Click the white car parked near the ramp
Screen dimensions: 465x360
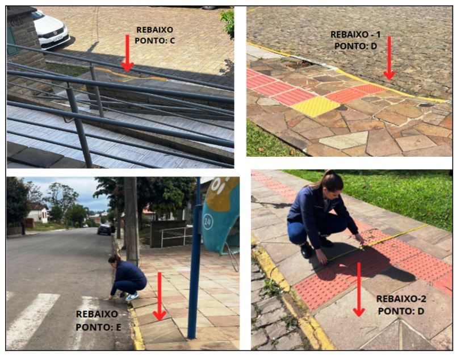(51, 30)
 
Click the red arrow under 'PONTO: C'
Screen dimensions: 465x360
(128, 53)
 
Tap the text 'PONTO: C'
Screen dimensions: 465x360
(155, 40)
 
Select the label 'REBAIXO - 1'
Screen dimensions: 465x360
(355, 35)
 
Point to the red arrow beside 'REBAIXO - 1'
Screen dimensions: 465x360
(389, 58)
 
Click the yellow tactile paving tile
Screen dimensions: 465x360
(316, 106)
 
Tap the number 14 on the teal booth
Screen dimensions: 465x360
(208, 222)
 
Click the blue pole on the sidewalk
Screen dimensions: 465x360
(195, 257)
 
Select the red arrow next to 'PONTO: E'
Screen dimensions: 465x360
(160, 296)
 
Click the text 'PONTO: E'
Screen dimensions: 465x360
(98, 327)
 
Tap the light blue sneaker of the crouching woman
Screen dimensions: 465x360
(132, 296)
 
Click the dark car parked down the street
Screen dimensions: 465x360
(104, 229)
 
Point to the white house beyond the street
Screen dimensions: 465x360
(38, 213)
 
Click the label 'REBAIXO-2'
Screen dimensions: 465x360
(401, 299)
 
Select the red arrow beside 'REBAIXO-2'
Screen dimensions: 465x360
(359, 289)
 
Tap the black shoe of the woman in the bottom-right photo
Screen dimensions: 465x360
(307, 250)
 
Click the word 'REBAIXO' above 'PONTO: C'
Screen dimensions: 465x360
(154, 30)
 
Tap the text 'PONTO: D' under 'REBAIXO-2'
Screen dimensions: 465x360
(401, 311)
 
